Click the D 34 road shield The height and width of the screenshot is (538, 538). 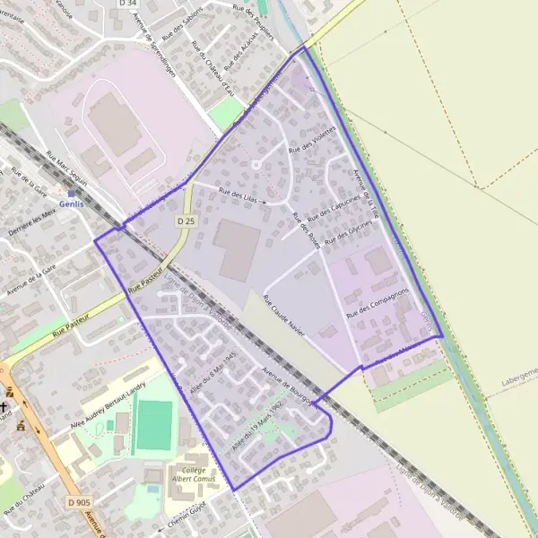tap(128, 4)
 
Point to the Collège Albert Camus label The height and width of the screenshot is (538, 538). tap(188, 473)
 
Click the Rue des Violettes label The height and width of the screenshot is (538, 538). tap(312, 139)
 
